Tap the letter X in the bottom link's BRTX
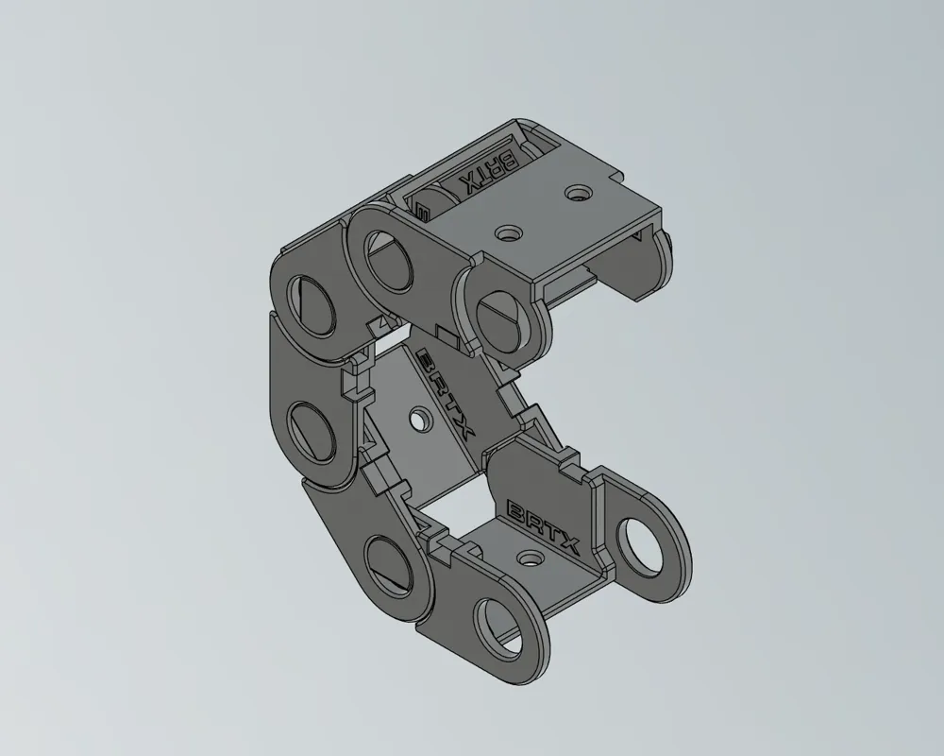(x=567, y=544)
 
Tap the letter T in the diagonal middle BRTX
(x=451, y=406)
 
